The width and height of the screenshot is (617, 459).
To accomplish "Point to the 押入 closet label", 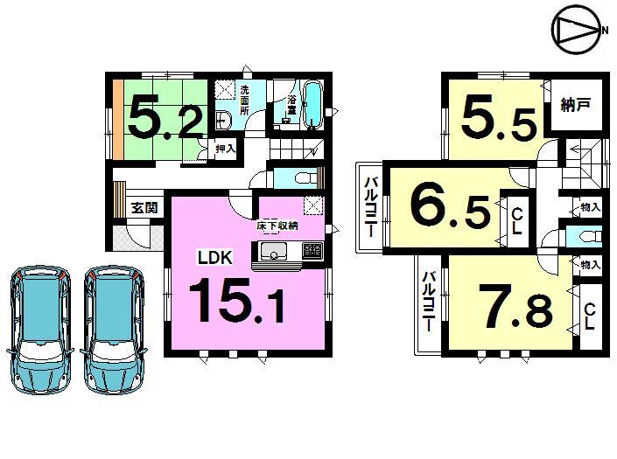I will tap(226, 150).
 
